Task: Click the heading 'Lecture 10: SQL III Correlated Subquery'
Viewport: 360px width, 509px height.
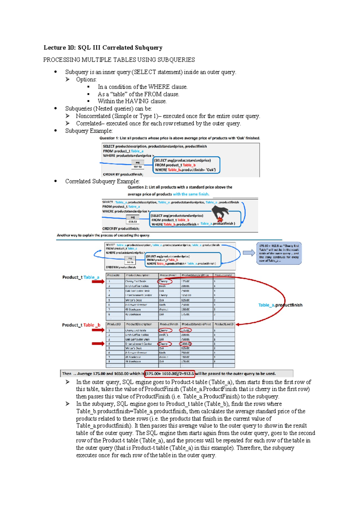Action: tap(103, 48)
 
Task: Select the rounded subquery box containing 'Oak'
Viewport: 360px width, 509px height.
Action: tap(186, 165)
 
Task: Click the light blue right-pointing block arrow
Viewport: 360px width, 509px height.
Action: tap(249, 253)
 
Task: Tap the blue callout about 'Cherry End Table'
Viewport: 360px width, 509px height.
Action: tap(279, 253)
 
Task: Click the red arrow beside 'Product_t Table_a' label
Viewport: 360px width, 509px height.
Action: tap(98, 282)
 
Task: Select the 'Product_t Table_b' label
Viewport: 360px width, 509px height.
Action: tap(81, 325)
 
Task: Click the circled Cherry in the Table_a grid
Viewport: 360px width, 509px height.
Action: tap(165, 282)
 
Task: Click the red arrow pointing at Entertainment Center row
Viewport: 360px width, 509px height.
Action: tap(98, 344)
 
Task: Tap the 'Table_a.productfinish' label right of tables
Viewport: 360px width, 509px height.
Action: tap(280, 305)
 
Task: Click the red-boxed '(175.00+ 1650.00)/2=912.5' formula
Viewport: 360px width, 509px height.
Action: tap(170, 374)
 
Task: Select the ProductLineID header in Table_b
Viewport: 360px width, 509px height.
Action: tap(224, 324)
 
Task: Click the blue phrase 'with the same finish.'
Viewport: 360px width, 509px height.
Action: tap(191, 194)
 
